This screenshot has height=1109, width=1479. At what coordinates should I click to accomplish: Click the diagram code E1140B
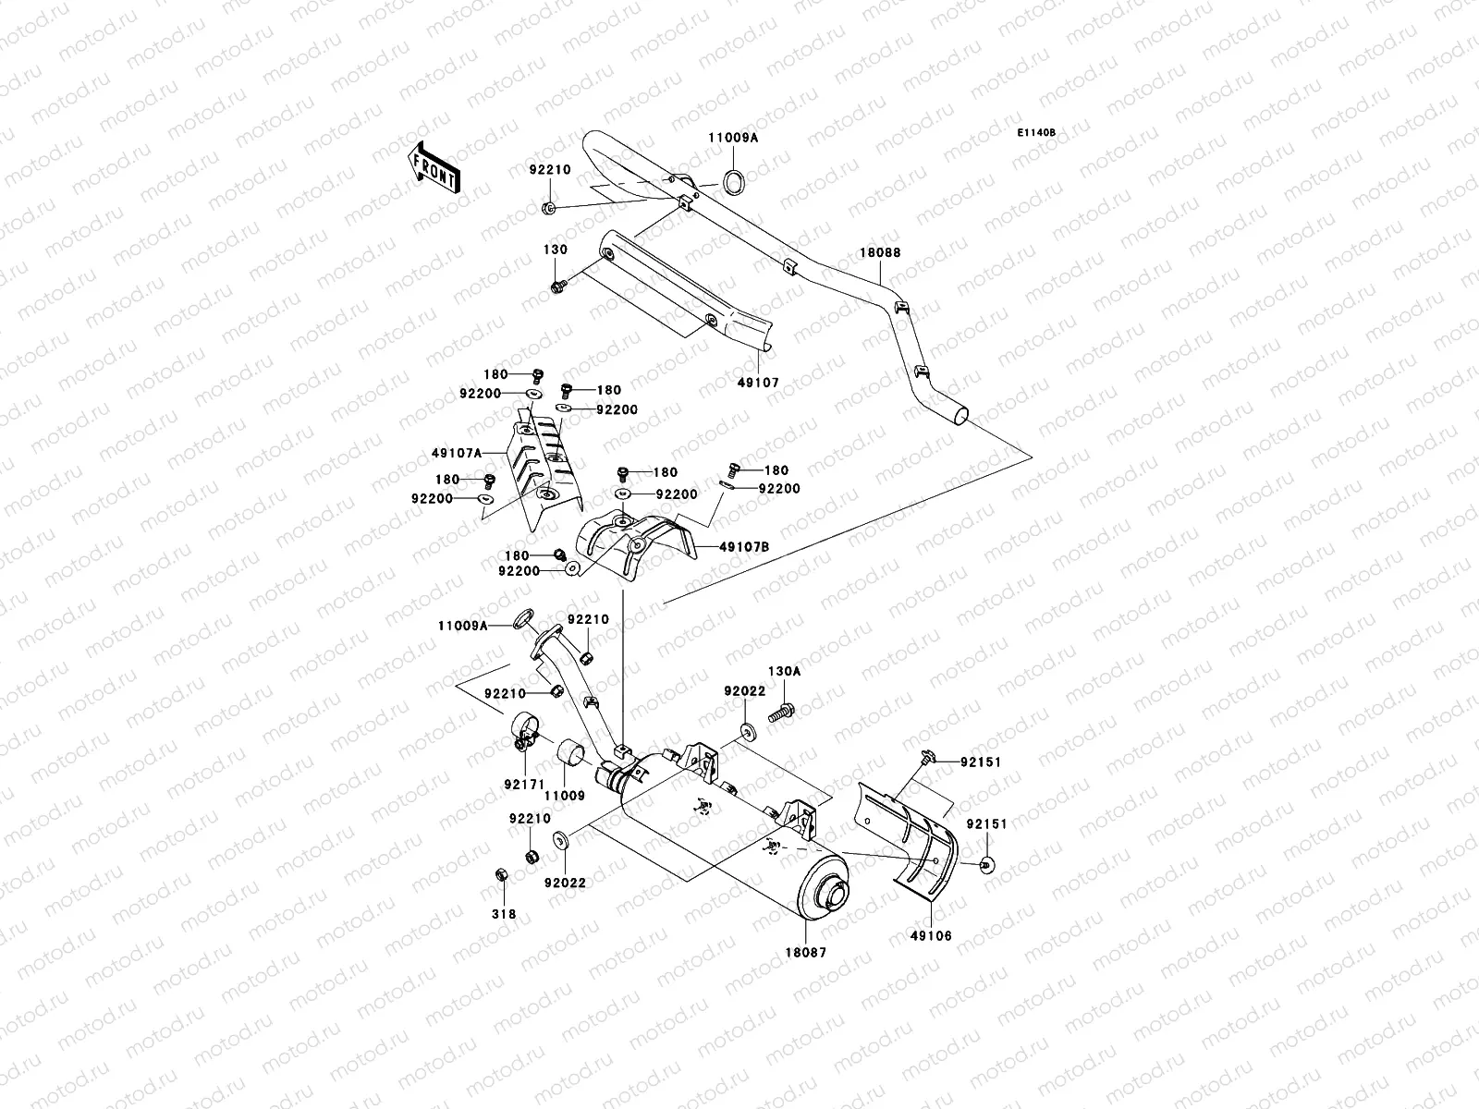1036,133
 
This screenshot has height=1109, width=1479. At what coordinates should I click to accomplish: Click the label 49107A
457,454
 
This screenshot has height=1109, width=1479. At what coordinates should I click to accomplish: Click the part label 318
503,914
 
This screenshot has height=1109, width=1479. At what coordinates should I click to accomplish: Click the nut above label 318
497,873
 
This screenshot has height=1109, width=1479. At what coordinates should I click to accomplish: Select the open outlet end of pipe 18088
962,417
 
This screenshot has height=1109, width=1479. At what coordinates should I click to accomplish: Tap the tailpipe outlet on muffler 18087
836,895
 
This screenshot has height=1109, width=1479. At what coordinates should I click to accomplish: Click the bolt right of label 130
557,288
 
